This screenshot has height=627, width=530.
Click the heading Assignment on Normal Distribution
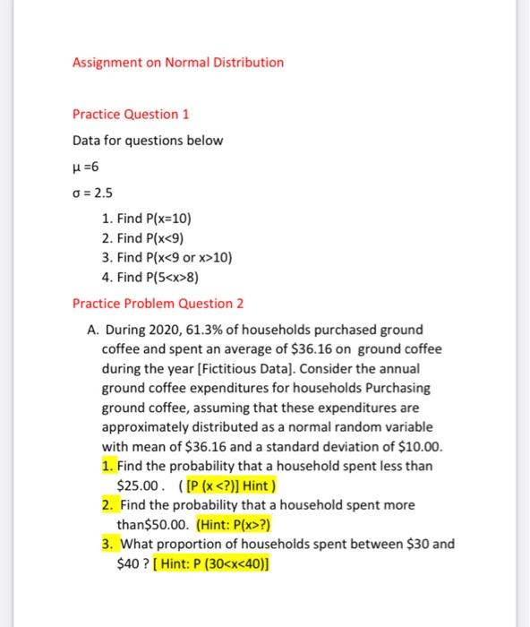coord(178,63)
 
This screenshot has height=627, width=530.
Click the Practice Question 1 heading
coord(131,115)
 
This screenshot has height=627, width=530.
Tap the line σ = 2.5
coord(93,192)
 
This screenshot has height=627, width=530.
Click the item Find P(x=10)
coord(147,219)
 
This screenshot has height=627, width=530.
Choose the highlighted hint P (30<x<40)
coord(211,563)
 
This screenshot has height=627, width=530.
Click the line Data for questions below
coord(148,141)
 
